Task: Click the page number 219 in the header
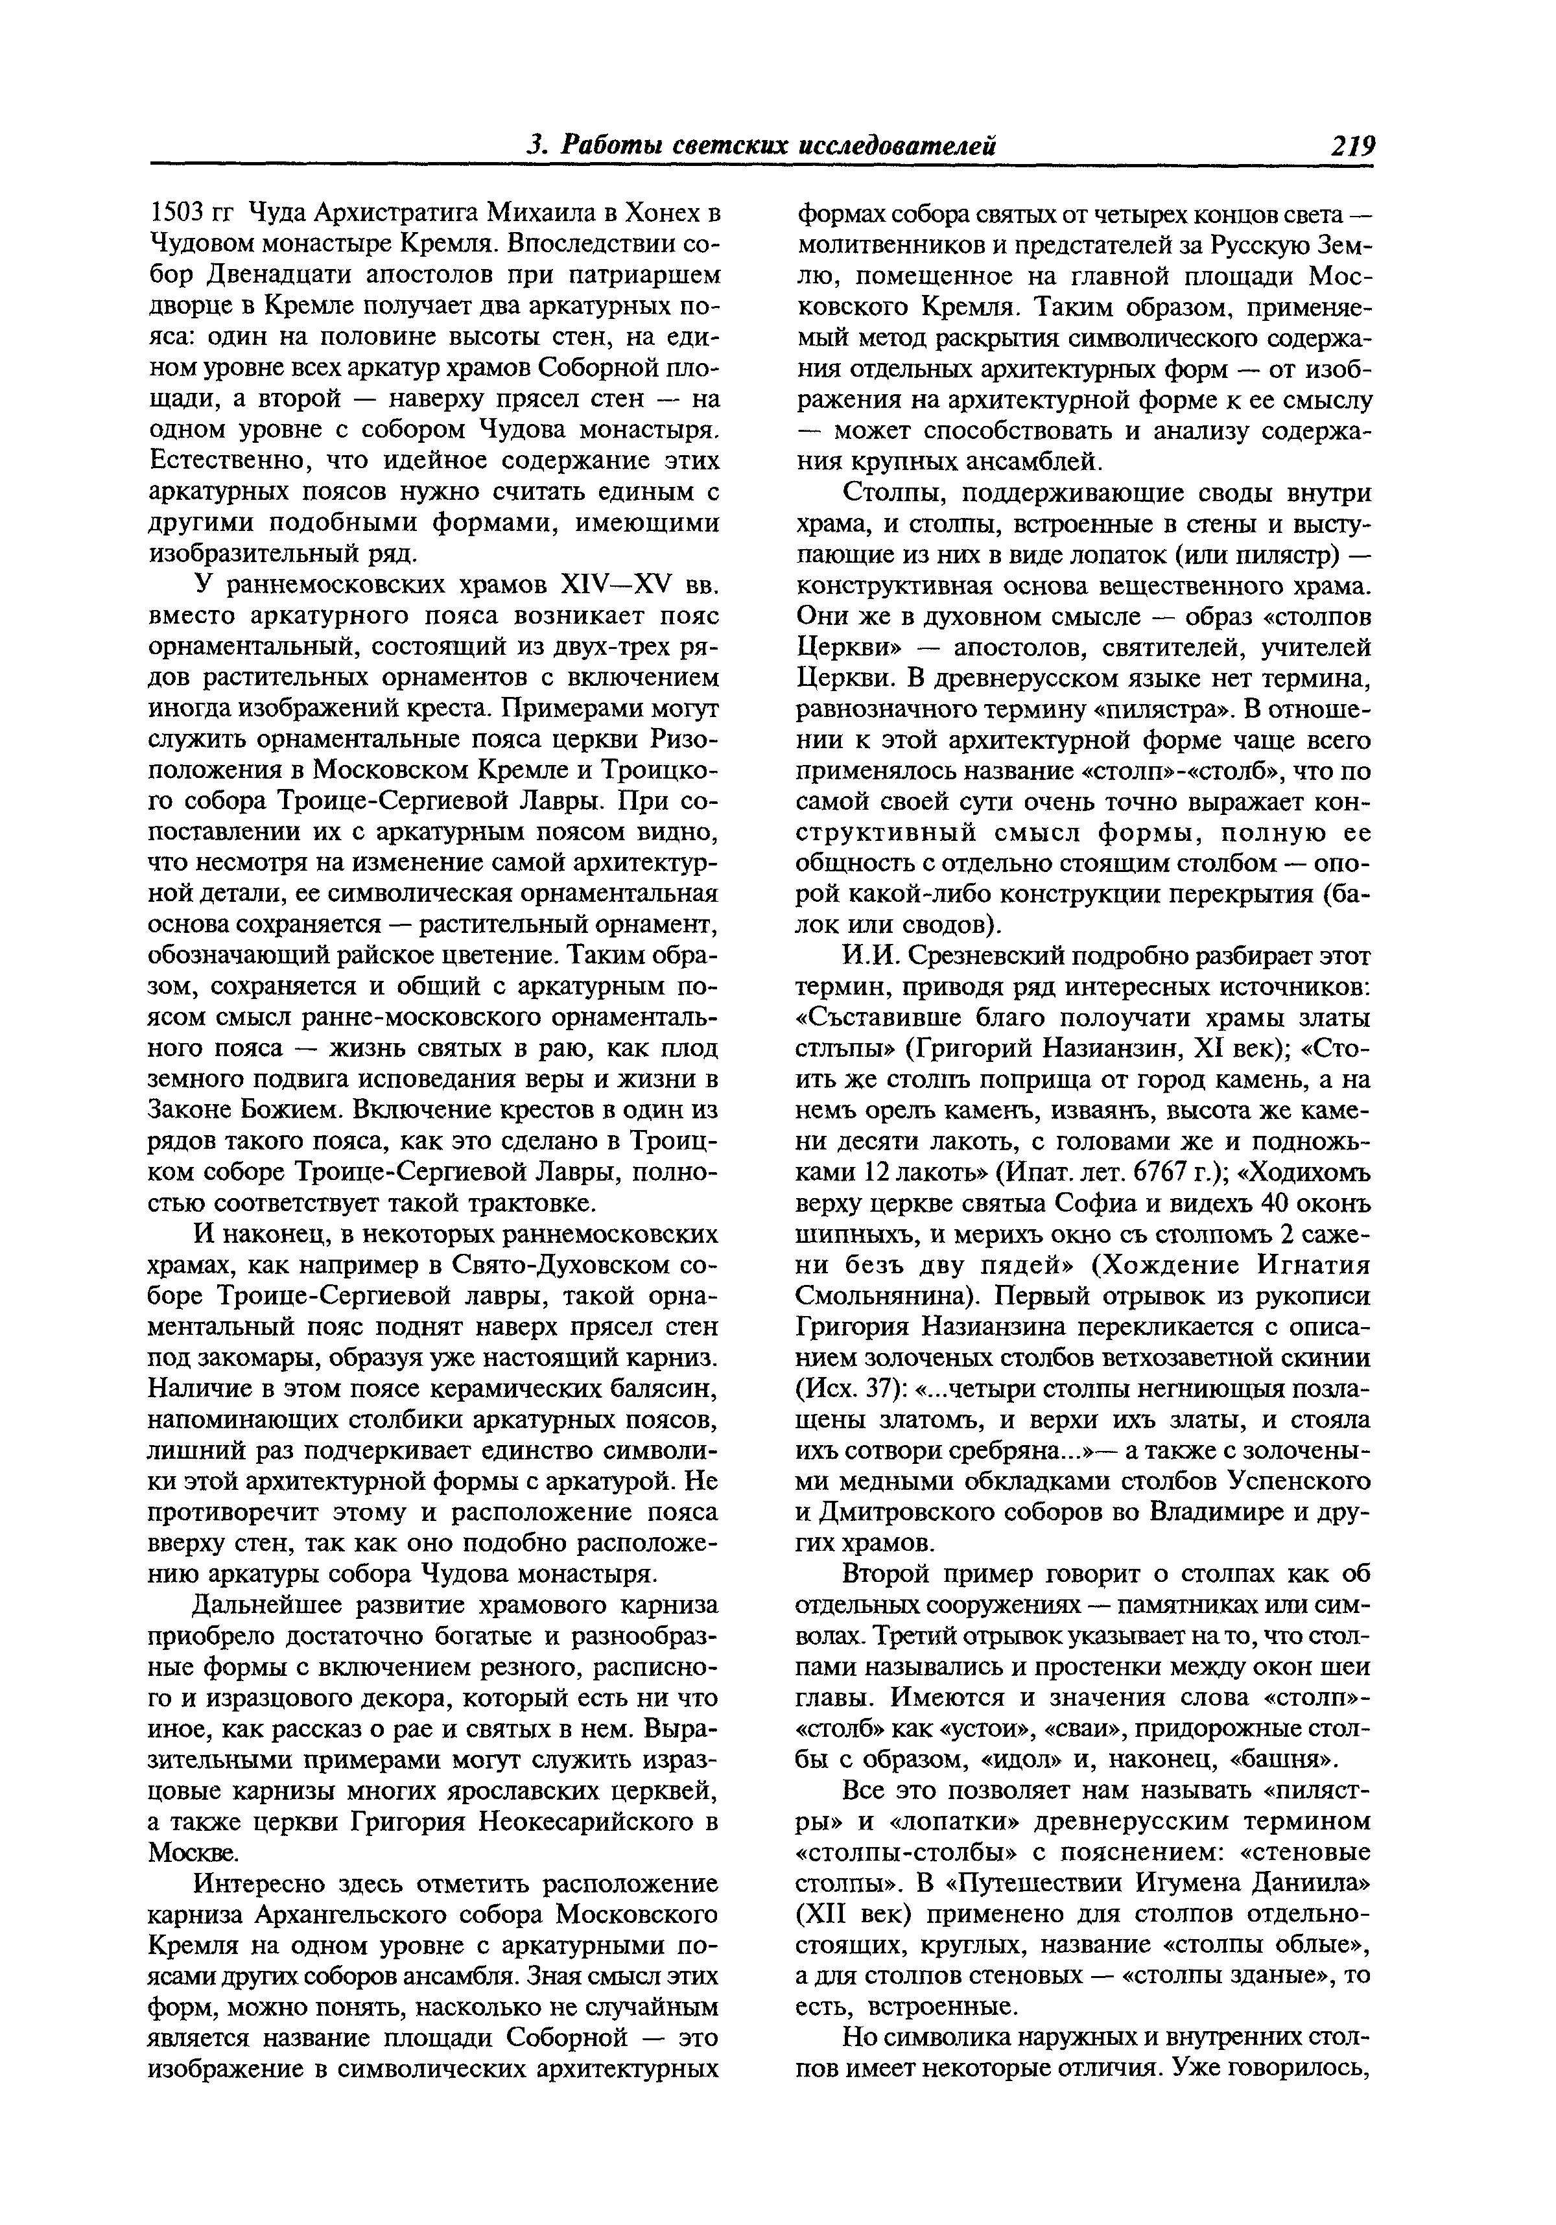pyautogui.click(x=1352, y=147)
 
